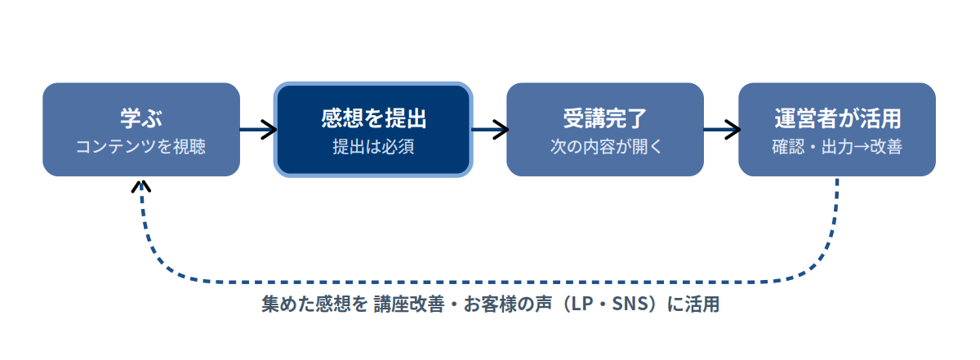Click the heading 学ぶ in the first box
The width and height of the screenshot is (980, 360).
click(141, 118)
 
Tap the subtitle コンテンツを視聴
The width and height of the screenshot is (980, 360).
click(140, 147)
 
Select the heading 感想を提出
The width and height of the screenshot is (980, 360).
click(373, 118)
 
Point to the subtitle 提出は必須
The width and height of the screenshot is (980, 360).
click(373, 147)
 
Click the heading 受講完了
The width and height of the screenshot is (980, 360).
click(605, 118)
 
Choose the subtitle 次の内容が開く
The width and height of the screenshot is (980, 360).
click(606, 147)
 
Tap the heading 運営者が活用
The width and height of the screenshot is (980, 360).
click(837, 118)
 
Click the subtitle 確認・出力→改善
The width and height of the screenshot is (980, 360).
click(837, 147)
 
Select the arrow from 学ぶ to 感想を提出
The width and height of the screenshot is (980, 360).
click(258, 130)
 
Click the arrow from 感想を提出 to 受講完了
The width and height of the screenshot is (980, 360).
click(490, 130)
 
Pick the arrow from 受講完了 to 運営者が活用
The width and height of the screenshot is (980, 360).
click(722, 130)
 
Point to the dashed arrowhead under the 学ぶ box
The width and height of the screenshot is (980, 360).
click(140, 186)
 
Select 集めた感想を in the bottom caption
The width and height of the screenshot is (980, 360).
click(314, 304)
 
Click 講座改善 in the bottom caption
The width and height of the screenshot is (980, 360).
click(409, 304)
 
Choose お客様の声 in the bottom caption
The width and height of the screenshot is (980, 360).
click(507, 304)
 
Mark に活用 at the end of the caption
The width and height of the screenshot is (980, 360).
click(693, 304)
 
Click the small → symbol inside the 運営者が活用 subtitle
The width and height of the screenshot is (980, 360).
click(861, 148)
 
